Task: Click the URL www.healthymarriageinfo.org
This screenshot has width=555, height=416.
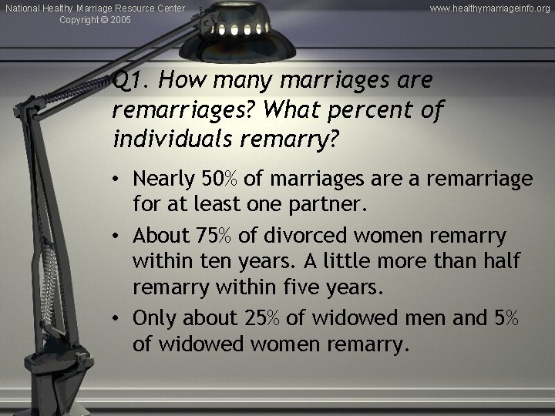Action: (x=490, y=8)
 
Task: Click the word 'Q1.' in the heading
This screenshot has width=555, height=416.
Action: (x=124, y=79)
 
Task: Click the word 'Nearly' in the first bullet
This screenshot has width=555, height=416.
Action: (x=162, y=179)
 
